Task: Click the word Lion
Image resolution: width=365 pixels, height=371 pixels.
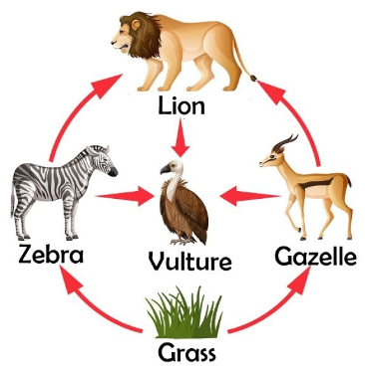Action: [182, 106]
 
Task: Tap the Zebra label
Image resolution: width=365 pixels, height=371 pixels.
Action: [51, 255]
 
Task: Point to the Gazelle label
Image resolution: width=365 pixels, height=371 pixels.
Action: [315, 256]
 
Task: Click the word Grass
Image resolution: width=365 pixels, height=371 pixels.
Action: [186, 353]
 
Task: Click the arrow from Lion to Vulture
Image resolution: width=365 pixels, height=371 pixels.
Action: [181, 137]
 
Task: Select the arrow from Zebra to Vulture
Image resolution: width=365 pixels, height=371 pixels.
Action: [125, 196]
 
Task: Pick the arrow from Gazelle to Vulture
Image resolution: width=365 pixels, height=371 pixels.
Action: [250, 196]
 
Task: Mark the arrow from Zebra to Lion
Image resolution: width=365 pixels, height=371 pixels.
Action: [72, 109]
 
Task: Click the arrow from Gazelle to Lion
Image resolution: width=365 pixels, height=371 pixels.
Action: [297, 116]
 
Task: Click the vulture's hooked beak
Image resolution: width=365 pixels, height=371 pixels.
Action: [165, 169]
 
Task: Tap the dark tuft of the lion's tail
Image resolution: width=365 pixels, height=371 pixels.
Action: [253, 79]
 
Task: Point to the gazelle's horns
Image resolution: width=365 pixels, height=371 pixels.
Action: [286, 142]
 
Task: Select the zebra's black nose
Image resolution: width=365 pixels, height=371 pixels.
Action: [113, 172]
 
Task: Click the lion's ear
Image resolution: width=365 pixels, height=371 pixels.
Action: [136, 24]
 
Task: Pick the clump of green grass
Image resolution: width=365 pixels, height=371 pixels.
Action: [184, 312]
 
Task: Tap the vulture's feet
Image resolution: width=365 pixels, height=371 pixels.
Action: [182, 241]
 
